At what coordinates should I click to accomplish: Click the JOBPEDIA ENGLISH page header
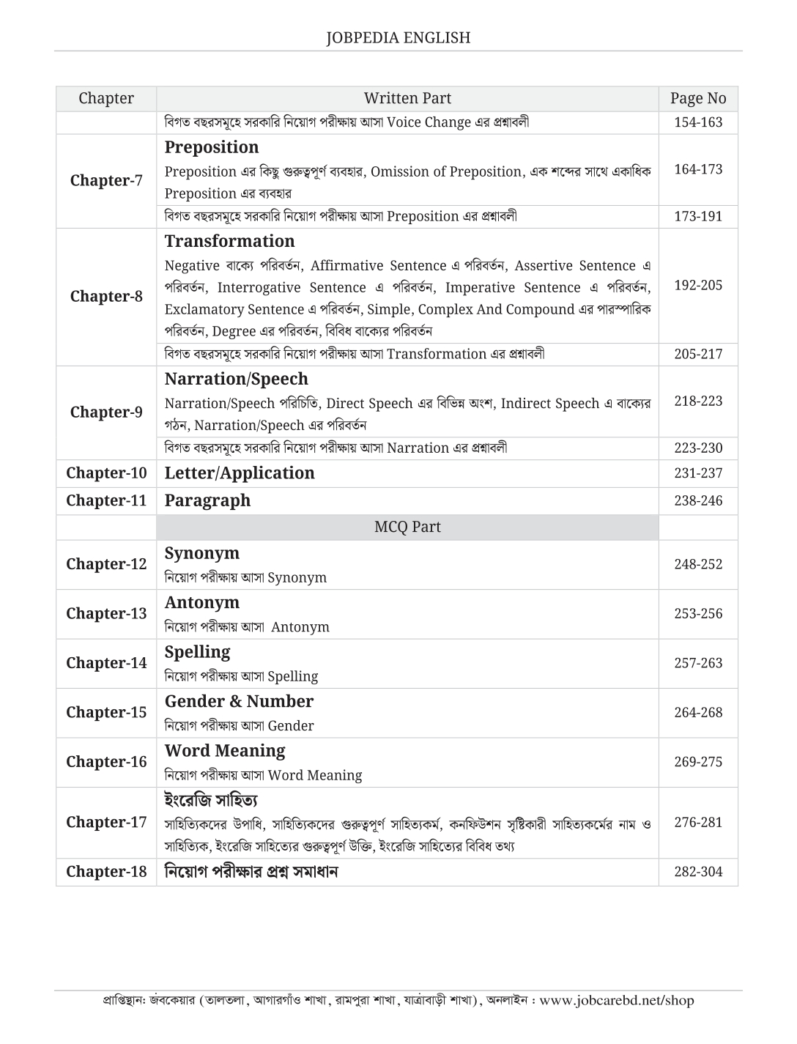(x=398, y=37)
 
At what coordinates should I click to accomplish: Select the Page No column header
(x=697, y=98)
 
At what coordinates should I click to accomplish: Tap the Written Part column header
(x=407, y=98)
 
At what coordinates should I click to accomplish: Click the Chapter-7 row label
(x=106, y=180)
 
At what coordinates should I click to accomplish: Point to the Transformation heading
(x=229, y=241)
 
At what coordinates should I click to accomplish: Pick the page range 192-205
(x=697, y=285)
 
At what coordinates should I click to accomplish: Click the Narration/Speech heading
(x=236, y=379)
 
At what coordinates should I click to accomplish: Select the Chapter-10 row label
(x=106, y=473)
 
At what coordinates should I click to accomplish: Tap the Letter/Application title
(x=240, y=473)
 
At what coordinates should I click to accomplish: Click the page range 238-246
(x=697, y=500)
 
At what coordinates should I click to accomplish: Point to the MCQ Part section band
(x=407, y=527)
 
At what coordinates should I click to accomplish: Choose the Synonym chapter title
(x=201, y=553)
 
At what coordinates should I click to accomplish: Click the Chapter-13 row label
(x=106, y=613)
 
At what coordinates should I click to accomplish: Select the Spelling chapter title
(x=197, y=651)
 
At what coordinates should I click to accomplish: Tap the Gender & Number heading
(x=239, y=701)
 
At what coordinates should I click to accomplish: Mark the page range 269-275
(x=697, y=761)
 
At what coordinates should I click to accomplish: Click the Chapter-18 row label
(x=106, y=871)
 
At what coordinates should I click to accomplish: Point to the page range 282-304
(x=697, y=871)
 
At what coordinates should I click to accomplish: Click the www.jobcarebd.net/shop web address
(x=616, y=1000)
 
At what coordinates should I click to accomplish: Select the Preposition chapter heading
(x=212, y=147)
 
